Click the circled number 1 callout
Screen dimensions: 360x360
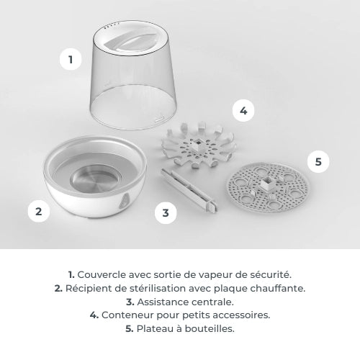coord(70,60)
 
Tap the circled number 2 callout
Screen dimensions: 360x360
coord(39,212)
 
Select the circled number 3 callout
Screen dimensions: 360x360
coord(166,212)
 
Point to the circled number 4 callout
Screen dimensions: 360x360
coord(243,110)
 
